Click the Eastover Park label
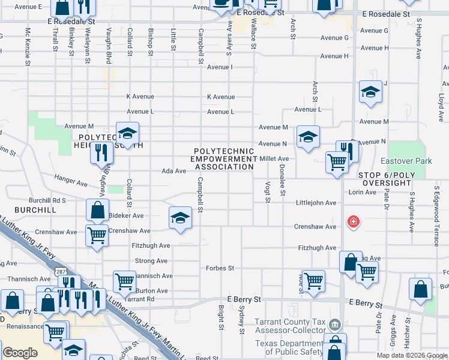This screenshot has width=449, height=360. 406,161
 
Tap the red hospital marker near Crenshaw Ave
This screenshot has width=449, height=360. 354,223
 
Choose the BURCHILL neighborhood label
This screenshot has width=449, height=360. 37,211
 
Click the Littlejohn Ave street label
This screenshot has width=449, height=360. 316,203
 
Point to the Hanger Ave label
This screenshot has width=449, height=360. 71,179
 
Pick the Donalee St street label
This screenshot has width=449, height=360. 282,181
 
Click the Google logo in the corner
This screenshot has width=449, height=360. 20,353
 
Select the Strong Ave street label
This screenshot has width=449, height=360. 151,261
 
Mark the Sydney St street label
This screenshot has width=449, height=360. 242,320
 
